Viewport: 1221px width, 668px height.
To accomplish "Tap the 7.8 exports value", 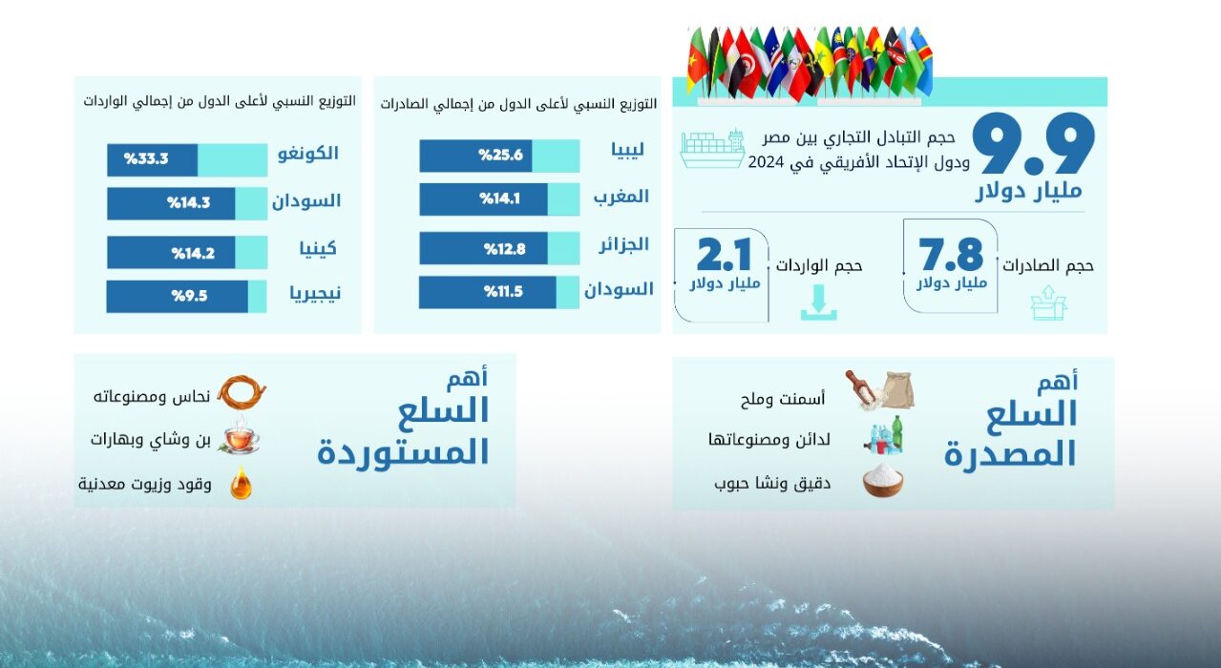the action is [x=951, y=255].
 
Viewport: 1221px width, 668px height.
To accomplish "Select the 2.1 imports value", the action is [x=725, y=255].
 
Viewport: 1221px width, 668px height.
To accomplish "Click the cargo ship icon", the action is [x=712, y=148].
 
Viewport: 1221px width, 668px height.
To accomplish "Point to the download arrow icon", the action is [x=818, y=303].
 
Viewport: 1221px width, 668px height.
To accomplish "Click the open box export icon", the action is [x=1048, y=303].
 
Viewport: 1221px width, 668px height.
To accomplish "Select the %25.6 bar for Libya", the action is [x=475, y=156].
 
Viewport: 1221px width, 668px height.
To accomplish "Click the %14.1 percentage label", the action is [x=500, y=198].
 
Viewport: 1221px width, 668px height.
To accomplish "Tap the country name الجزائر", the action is [x=624, y=244].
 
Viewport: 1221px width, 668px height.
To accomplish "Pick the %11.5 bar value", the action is [x=503, y=292].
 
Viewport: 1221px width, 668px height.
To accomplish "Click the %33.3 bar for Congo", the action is [x=152, y=159].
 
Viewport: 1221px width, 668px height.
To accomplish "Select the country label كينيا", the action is [x=318, y=249].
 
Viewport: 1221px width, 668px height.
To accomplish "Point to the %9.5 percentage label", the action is [x=189, y=296].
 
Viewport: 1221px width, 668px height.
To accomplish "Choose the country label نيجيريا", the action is [x=315, y=294].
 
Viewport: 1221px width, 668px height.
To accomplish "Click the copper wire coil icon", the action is [x=242, y=392].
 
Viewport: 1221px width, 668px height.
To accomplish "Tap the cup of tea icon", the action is [x=240, y=436].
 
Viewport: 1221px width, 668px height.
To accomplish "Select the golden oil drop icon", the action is [x=241, y=483].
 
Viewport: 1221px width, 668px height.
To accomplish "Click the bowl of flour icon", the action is [x=883, y=480].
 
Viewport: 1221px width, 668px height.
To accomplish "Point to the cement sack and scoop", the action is [x=880, y=389].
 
